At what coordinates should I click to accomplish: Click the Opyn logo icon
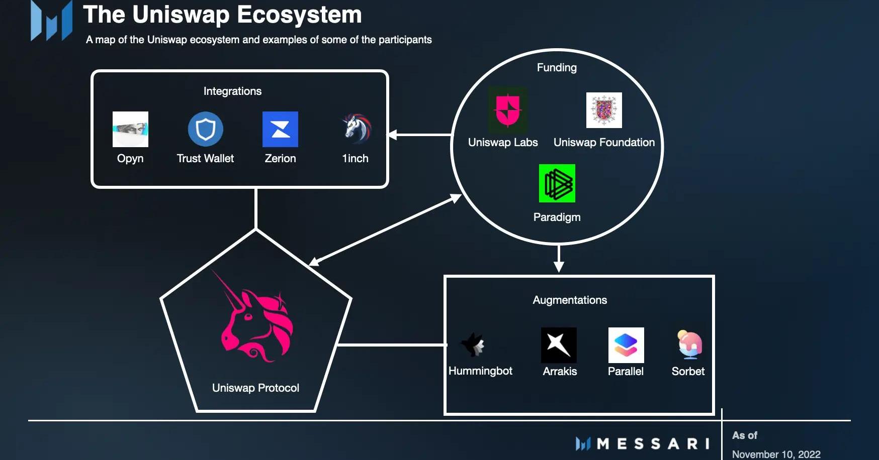pos(130,129)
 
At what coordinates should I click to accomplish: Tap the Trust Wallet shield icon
pos(205,129)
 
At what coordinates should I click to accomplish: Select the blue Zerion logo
pos(280,129)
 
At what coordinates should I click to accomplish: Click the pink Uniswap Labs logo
pos(507,109)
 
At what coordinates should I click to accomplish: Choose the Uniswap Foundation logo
pos(604,110)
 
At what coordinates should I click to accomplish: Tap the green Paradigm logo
pos(557,183)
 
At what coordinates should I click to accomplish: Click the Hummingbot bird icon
pos(473,344)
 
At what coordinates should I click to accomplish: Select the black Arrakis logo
pos(559,345)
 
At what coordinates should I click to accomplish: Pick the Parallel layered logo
pos(626,345)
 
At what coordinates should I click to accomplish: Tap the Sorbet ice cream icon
pos(689,344)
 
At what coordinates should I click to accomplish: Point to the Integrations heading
pos(232,91)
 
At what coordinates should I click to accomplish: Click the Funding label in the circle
pos(557,67)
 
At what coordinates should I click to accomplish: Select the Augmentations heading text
pos(570,300)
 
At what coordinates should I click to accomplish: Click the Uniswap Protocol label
pos(255,388)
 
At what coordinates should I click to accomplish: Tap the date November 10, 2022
pos(776,454)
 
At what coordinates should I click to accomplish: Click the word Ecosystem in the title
pos(299,15)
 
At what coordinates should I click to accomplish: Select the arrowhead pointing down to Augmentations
pos(558,267)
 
